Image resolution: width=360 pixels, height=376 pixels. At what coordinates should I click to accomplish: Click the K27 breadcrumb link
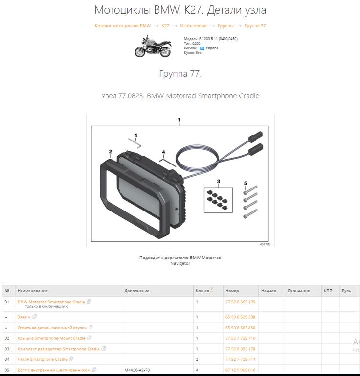(x=165, y=26)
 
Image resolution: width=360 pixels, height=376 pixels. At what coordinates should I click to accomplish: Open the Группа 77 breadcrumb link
(x=255, y=26)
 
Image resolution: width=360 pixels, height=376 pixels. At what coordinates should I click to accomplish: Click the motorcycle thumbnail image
(x=153, y=47)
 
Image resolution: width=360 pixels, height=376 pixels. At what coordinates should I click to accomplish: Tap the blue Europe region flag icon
(x=202, y=48)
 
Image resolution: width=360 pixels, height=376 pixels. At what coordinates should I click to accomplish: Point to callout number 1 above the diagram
(x=179, y=120)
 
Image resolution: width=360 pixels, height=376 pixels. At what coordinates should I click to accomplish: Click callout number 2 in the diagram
(x=110, y=152)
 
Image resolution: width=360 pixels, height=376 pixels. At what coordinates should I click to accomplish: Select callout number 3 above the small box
(x=218, y=181)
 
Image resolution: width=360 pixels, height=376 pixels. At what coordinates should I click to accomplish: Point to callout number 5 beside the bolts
(x=245, y=183)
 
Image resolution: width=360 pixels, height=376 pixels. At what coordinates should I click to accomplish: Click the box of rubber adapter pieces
(x=218, y=200)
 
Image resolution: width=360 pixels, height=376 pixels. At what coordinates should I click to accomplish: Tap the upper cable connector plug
(x=255, y=136)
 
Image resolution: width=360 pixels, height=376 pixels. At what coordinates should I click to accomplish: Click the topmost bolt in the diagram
(x=250, y=189)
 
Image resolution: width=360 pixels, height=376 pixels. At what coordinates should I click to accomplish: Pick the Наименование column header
(x=33, y=291)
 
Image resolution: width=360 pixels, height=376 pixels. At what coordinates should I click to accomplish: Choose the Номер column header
(x=232, y=291)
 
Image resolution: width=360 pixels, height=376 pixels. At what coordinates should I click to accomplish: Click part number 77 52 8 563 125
(x=240, y=302)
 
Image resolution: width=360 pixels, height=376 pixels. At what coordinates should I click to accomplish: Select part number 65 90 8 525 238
(x=240, y=317)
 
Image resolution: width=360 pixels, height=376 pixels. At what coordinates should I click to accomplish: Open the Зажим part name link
(x=24, y=317)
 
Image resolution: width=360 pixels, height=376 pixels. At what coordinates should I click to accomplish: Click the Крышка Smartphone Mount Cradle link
(x=51, y=338)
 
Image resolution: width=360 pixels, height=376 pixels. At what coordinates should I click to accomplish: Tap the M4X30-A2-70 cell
(x=137, y=370)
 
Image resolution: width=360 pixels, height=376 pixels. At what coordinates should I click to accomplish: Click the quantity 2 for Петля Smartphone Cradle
(x=197, y=359)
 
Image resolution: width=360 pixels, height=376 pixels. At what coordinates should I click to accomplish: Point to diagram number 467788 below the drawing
(x=265, y=244)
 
